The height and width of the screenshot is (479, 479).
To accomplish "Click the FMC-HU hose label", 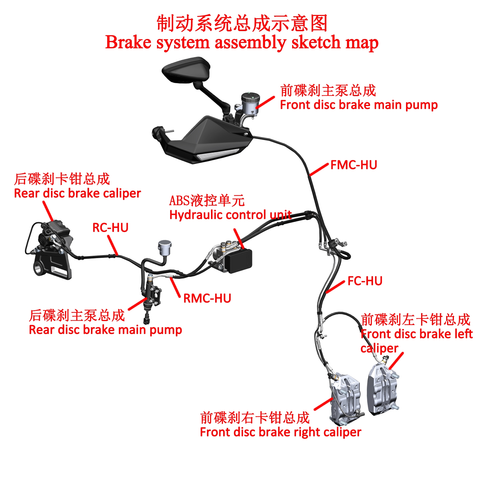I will pos(354,165).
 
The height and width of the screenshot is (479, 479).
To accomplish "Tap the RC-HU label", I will pos(110,228).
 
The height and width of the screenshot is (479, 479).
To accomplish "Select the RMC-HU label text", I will pos(207,299).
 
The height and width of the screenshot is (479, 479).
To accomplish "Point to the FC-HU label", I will pos(365,281).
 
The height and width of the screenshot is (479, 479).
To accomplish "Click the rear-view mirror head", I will pos(186,70).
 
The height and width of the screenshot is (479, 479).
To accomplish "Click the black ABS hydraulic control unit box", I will pos(239,260).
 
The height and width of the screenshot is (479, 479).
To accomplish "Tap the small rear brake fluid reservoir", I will pos(165,247).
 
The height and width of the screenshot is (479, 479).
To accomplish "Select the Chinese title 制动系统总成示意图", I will pos(242,23).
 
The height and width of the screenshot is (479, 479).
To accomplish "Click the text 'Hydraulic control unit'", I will pos(230,215).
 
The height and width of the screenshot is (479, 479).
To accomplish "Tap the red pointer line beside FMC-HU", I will pos(319,170).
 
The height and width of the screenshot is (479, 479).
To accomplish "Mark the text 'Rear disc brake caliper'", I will pos(77,194).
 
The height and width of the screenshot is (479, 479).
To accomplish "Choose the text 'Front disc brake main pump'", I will pos(359,105).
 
